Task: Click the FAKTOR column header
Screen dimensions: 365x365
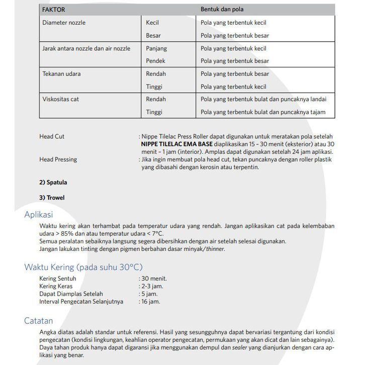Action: click(x=54, y=10)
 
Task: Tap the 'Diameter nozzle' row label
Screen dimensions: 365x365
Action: click(x=64, y=23)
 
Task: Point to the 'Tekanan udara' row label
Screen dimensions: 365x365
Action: click(x=61, y=74)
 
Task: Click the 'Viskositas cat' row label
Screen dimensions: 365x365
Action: click(x=61, y=99)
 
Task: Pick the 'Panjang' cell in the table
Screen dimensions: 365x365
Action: click(x=156, y=49)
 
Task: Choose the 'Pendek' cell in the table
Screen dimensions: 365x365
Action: click(x=155, y=61)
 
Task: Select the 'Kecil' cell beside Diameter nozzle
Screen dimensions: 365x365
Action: click(x=152, y=23)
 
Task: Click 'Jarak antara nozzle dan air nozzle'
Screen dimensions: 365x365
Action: click(x=86, y=49)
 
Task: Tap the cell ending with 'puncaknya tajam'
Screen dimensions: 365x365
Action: click(x=263, y=112)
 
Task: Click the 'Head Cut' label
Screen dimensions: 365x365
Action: click(x=52, y=136)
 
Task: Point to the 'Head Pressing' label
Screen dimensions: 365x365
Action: click(x=58, y=159)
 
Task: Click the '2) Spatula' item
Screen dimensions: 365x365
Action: click(x=53, y=182)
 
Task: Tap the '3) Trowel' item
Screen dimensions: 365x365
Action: click(x=52, y=198)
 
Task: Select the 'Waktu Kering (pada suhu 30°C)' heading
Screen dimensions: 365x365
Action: click(x=83, y=267)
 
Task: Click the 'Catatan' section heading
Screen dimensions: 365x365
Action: click(x=39, y=321)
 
